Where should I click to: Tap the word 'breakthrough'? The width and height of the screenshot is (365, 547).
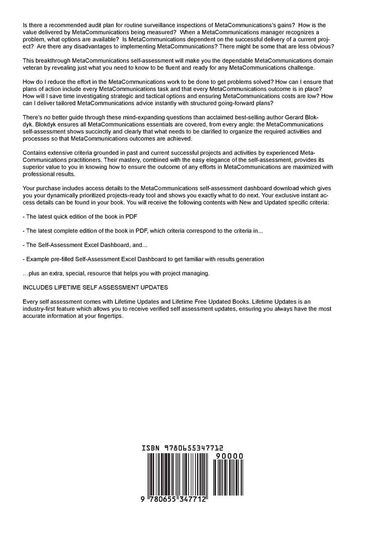(54, 60)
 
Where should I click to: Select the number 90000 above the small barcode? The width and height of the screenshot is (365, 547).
(229, 456)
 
